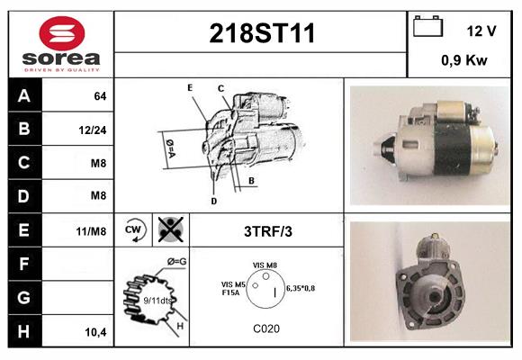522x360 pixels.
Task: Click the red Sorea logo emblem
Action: coord(62,33)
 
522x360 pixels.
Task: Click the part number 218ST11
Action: coord(262,33)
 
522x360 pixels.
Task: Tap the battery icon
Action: coord(427,27)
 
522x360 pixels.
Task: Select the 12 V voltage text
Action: coord(481,31)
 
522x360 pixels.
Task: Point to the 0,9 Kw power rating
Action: coord(464,60)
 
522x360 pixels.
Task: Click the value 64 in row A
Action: coord(100,96)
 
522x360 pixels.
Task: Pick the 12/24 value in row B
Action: coord(93,130)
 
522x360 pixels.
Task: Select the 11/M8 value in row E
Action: coord(91,231)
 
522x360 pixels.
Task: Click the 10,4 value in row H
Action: coord(96,332)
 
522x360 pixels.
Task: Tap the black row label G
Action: coord(24,298)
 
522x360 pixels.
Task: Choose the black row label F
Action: coord(24,264)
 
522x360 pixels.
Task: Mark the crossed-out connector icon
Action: coord(171,229)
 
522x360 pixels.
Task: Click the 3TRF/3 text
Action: coord(268,231)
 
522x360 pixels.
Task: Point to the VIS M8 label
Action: coord(265,265)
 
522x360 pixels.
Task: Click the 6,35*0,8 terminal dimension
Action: coord(301,288)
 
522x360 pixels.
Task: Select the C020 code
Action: coord(266,328)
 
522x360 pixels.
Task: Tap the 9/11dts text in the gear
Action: coord(157,301)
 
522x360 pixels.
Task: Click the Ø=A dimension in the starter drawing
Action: coord(170,148)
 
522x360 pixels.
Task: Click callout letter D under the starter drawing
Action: coord(213,201)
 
